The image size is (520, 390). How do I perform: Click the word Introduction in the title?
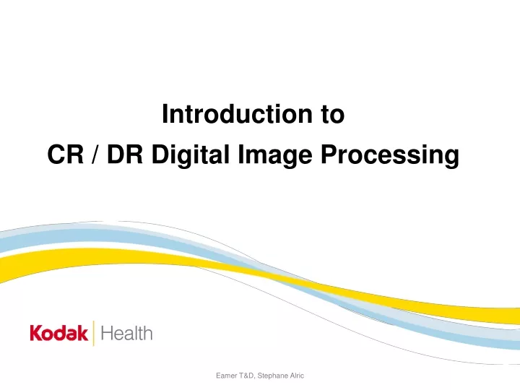pyautogui.click(x=237, y=114)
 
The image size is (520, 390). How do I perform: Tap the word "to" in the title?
pyautogui.click(x=333, y=114)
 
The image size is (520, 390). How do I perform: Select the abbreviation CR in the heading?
pyautogui.click(x=65, y=155)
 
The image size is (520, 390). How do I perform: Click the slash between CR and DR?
pyautogui.click(x=95, y=155)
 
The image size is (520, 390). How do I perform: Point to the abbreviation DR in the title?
pyautogui.click(x=125, y=155)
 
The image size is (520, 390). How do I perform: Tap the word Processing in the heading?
pyautogui.click(x=390, y=156)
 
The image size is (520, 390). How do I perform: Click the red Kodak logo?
pyautogui.click(x=59, y=333)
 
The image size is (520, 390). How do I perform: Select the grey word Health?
pyautogui.click(x=126, y=333)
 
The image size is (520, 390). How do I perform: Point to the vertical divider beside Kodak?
pyautogui.click(x=93, y=333)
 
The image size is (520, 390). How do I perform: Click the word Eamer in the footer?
pyautogui.click(x=226, y=376)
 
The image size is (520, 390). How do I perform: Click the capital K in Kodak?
pyautogui.click(x=35, y=333)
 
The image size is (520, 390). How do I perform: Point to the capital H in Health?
pyautogui.click(x=106, y=333)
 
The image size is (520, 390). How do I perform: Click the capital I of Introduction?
pyautogui.click(x=165, y=114)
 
